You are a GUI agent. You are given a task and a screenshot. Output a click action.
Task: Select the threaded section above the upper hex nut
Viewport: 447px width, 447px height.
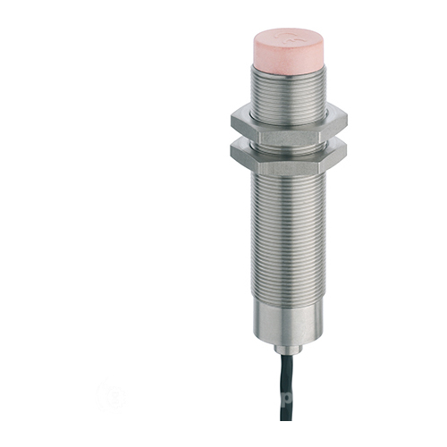click(286, 93)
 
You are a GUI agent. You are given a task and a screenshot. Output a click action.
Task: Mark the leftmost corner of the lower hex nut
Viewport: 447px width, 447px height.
click(231, 152)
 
